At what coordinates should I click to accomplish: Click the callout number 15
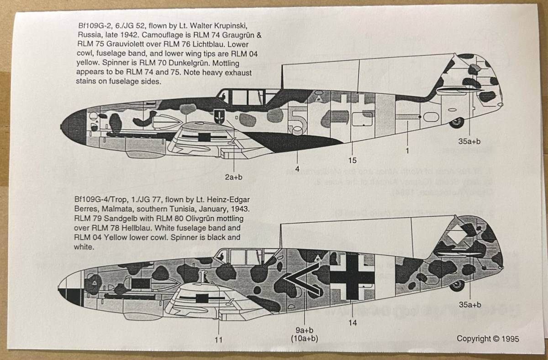coord(352,160)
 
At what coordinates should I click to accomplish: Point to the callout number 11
coord(219,339)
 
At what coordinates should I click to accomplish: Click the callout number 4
coord(297,169)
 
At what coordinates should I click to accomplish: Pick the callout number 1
coord(407,150)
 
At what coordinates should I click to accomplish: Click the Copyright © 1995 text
coord(488,339)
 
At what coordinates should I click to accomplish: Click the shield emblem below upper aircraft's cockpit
coord(220,116)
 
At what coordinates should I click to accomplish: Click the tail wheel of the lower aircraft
coord(457,286)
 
